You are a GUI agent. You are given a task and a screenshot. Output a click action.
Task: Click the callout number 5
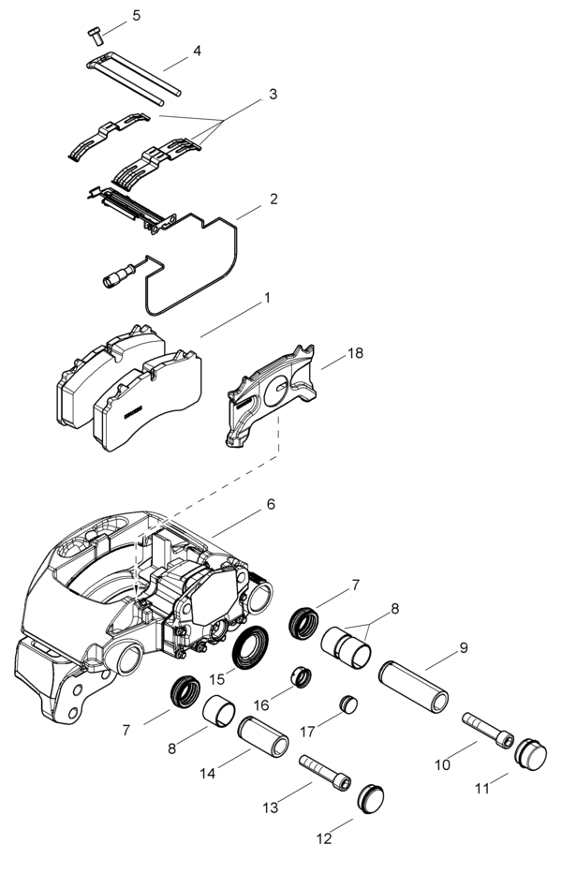tap(137, 16)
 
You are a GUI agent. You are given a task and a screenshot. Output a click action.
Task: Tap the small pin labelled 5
tap(96, 34)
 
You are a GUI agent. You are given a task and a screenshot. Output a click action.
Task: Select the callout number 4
tap(197, 51)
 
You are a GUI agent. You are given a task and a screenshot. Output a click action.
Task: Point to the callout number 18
tap(355, 353)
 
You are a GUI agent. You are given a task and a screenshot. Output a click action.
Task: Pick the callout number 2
tap(273, 200)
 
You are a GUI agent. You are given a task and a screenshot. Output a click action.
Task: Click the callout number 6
tap(271, 504)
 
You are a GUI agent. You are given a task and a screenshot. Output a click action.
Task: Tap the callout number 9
tap(463, 647)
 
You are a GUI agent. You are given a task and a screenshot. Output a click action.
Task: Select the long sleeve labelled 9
tap(413, 686)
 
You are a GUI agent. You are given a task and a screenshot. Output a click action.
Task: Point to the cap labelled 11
tap(529, 755)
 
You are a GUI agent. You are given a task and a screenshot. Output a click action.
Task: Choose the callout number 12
tap(324, 839)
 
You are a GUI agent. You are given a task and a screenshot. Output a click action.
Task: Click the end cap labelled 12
tap(371, 798)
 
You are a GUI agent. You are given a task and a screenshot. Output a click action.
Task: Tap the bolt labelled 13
tap(325, 770)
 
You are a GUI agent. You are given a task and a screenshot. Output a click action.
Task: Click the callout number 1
tap(267, 298)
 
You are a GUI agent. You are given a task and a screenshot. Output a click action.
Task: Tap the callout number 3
tap(273, 94)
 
